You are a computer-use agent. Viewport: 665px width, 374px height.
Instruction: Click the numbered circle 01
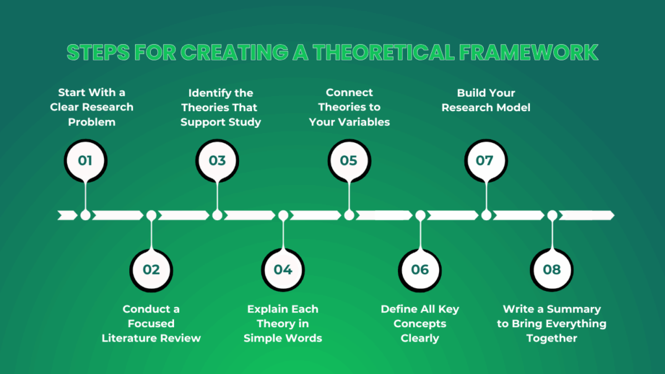85,160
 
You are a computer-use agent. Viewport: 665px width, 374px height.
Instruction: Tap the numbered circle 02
151,269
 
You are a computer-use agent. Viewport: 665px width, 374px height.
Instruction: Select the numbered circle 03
218,160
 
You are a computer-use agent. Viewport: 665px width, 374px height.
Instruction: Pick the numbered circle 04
283,269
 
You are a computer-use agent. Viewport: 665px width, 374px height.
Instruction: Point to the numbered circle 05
349,160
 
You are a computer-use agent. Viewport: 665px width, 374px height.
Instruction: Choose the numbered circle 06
420,269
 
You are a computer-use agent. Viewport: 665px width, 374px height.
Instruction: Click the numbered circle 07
486,160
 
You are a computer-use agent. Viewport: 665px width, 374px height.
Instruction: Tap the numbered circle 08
552,269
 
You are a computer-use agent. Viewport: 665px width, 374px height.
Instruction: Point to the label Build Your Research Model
486,100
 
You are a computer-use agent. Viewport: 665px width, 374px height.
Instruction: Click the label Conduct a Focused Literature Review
151,323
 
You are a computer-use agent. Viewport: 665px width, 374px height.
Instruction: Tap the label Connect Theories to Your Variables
349,107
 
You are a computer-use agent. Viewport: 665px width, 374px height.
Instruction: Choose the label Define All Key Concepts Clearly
420,323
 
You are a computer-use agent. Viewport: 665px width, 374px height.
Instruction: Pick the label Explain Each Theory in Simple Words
283,323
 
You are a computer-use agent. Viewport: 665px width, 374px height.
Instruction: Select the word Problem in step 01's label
92,121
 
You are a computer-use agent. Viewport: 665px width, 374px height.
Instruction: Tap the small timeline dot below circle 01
85,215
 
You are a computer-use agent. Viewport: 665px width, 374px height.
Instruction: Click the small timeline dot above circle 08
552,215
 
